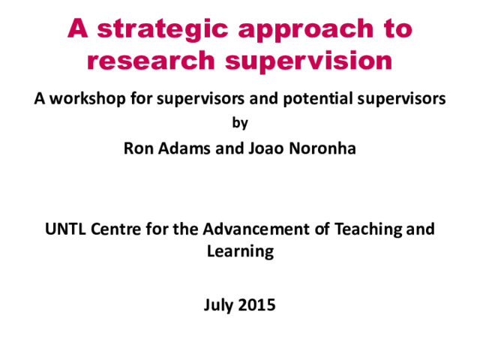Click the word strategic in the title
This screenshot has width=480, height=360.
pyautogui.click(x=163, y=30)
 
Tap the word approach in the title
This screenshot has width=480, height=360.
pyautogui.click(x=306, y=31)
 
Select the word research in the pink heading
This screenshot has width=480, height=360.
pyautogui.click(x=151, y=60)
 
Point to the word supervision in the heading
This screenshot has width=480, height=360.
pyautogui.click(x=308, y=62)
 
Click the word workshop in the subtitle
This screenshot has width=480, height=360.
pyautogui.click(x=88, y=98)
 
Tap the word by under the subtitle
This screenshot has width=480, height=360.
pyautogui.click(x=240, y=123)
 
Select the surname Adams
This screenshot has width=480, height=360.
pyautogui.click(x=184, y=148)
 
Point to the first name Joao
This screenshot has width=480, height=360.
pyautogui.click(x=266, y=148)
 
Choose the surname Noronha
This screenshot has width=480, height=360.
pyautogui.click(x=322, y=148)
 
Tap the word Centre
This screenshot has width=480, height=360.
pyautogui.click(x=115, y=229)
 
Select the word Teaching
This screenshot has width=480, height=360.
pyautogui.click(x=367, y=229)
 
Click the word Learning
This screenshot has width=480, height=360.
pyautogui.click(x=240, y=252)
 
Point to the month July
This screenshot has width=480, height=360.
pyautogui.click(x=218, y=305)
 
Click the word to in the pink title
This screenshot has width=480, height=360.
pyautogui.click(x=398, y=29)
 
